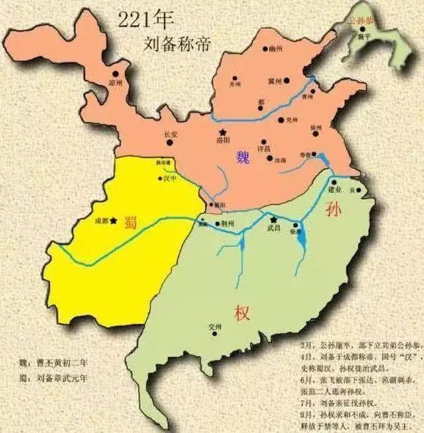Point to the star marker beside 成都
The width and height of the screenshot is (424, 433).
pyautogui.click(x=115, y=220)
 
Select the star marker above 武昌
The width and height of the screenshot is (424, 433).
pyautogui.click(x=272, y=219)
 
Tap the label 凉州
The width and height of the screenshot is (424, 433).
pyautogui.click(x=116, y=84)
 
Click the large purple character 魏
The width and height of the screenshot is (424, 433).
pyautogui.click(x=244, y=157)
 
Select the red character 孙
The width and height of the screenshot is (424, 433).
pyautogui.click(x=333, y=210)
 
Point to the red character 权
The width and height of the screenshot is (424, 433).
pyautogui.click(x=240, y=312)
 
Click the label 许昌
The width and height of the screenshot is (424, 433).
pyautogui.click(x=264, y=149)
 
